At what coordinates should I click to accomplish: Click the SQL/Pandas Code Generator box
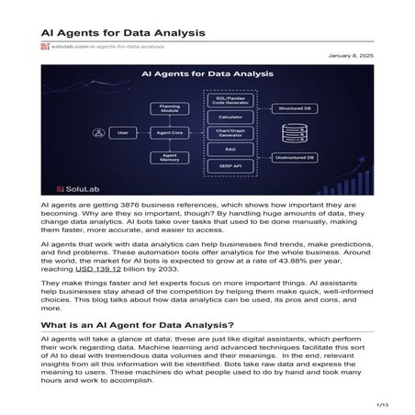(x=237, y=98)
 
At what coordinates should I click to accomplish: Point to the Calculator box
(x=237, y=117)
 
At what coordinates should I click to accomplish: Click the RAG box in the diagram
(x=237, y=151)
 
